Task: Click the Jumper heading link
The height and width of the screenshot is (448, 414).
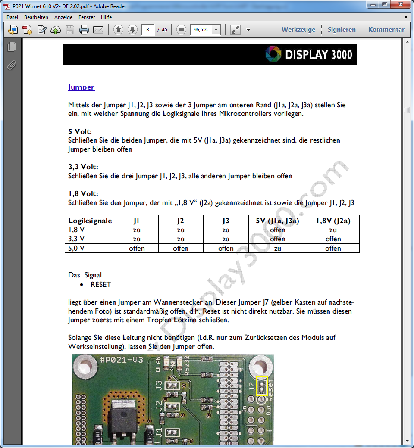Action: click(x=81, y=87)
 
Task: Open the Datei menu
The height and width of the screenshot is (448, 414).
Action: click(x=13, y=17)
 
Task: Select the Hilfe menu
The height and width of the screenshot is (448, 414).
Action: click(x=106, y=17)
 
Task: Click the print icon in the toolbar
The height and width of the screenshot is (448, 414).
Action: click(x=84, y=30)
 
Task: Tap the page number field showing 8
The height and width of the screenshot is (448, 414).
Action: click(x=148, y=30)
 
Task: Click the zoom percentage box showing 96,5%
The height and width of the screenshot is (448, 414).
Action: click(x=201, y=30)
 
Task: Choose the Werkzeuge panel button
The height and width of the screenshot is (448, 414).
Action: click(x=298, y=30)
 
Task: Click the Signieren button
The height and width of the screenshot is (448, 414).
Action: click(x=342, y=30)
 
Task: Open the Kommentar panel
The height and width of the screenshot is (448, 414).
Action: click(x=386, y=30)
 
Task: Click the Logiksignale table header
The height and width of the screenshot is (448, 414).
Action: click(x=90, y=221)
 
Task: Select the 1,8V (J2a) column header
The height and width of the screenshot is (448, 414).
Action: click(x=333, y=221)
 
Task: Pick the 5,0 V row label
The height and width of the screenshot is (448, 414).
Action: click(x=76, y=248)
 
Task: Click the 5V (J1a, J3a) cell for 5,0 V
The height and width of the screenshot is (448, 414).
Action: click(x=277, y=248)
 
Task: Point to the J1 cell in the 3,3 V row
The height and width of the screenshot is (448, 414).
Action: click(x=137, y=239)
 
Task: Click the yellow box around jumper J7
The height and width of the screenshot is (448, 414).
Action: click(x=262, y=386)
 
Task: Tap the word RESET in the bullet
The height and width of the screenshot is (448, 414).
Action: click(x=100, y=285)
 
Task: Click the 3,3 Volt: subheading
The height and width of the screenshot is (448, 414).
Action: click(x=83, y=167)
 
